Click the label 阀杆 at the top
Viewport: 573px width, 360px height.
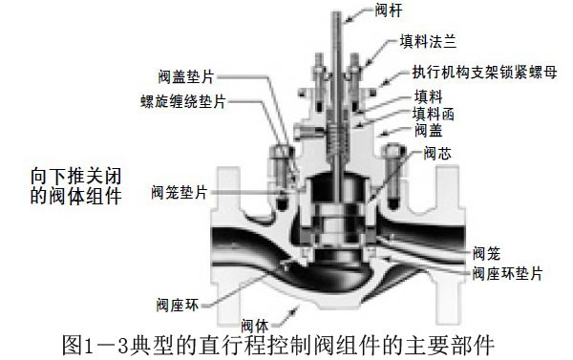tap(389, 11)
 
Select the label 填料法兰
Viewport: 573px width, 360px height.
tap(428, 41)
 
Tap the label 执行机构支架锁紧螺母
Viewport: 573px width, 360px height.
tap(485, 72)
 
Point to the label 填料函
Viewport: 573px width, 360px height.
tap(434, 114)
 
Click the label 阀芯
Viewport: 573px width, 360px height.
tap(437, 154)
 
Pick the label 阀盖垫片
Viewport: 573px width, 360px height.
tap(186, 76)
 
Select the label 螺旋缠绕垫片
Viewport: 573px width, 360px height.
tap(183, 101)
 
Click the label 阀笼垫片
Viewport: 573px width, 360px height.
tap(180, 192)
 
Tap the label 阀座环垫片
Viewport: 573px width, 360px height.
tap(507, 273)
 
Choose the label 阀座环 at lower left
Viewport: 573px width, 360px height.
tap(178, 305)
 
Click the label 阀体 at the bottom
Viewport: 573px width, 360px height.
tap(255, 325)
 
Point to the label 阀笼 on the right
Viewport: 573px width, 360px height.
tap(486, 253)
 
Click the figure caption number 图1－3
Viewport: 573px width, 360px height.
tap(95, 345)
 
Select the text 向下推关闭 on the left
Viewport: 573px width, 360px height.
tap(75, 177)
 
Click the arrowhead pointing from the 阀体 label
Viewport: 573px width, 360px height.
tap(294, 311)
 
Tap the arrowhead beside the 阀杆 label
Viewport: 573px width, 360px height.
tap(347, 17)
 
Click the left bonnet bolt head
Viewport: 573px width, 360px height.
tap(281, 151)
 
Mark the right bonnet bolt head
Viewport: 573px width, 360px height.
tap(393, 150)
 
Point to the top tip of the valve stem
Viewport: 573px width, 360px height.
tap(337, 12)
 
